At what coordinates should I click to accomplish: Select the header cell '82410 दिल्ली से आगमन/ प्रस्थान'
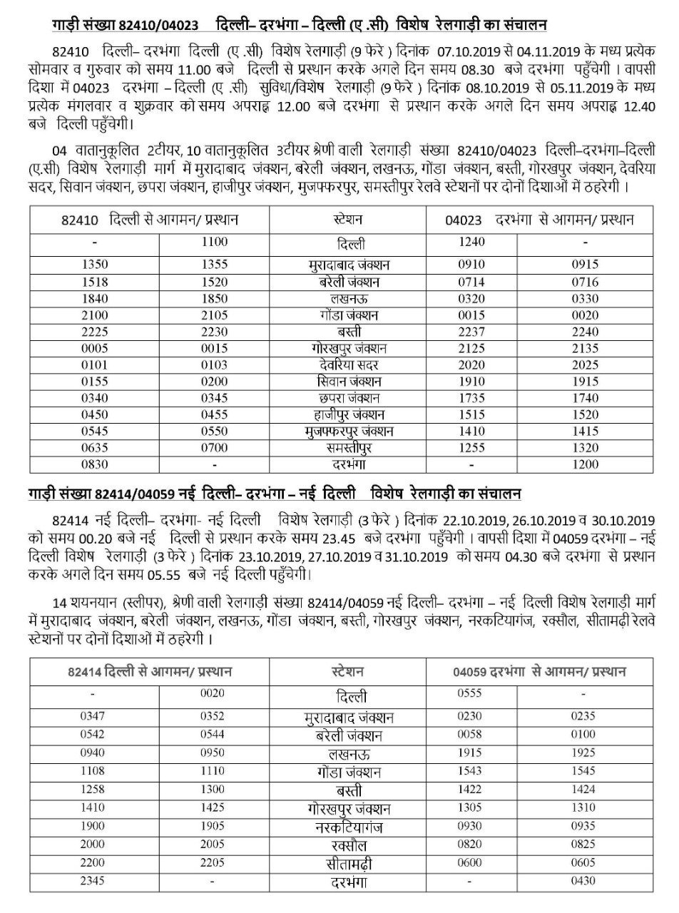[x=149, y=220]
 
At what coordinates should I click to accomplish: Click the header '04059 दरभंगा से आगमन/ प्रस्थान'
[x=539, y=671]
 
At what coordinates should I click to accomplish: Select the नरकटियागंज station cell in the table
[x=349, y=827]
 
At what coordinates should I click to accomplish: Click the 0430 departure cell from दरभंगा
[x=588, y=881]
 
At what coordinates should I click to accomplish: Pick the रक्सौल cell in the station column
[x=348, y=845]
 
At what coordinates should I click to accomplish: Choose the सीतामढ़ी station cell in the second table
[x=348, y=863]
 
